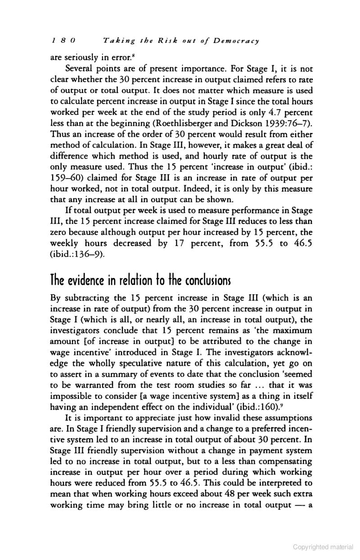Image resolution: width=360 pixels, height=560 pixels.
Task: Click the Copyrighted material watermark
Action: (323, 547)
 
